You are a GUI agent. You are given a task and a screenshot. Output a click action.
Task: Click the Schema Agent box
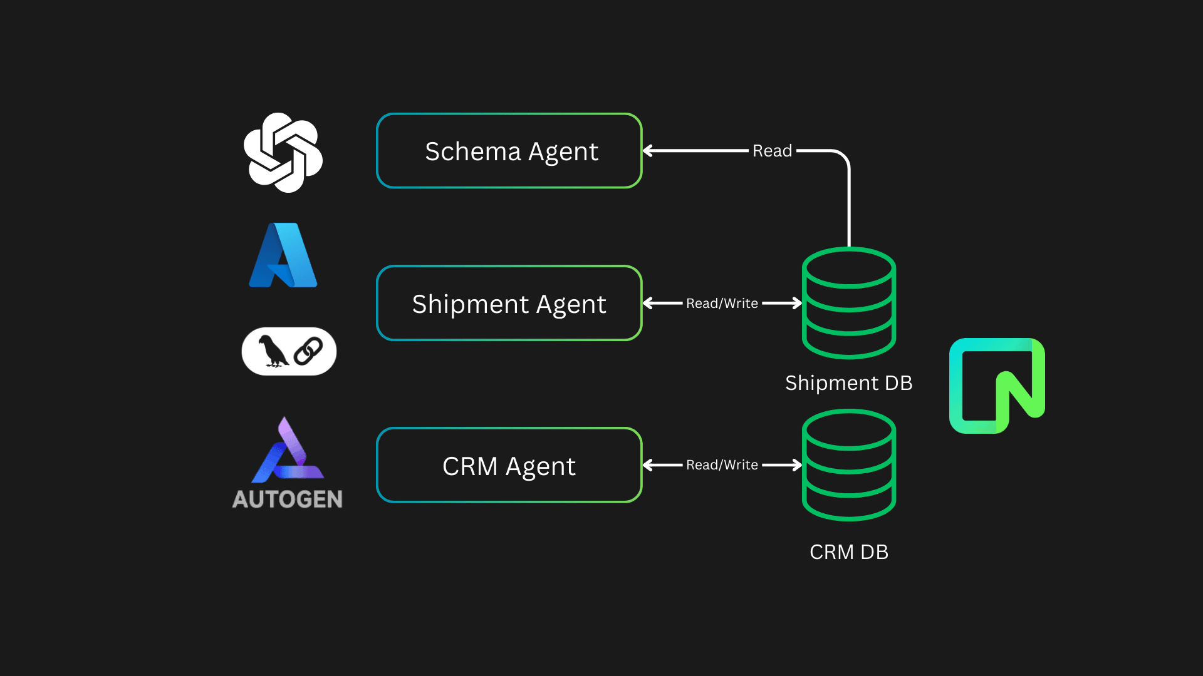(509, 151)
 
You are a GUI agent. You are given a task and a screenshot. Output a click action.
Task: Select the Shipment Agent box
(509, 304)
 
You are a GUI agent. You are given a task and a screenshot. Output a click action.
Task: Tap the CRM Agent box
(509, 466)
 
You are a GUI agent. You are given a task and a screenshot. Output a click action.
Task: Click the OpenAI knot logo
(283, 152)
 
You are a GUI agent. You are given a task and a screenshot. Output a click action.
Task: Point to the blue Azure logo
(283, 255)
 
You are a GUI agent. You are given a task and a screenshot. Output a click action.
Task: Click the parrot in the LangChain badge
(273, 351)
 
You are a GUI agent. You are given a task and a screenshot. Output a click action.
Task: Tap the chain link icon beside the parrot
(308, 351)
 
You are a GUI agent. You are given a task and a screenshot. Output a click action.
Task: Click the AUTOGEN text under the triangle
(288, 499)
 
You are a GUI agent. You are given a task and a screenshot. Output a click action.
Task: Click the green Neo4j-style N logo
(997, 386)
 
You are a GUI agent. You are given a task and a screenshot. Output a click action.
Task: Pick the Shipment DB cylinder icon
(849, 303)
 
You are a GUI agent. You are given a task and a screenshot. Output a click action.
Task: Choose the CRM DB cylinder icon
(849, 465)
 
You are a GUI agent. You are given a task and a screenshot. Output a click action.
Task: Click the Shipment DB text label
(848, 382)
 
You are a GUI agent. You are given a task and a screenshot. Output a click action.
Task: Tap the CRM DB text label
(848, 552)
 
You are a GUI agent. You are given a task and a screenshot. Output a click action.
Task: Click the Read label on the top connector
(772, 151)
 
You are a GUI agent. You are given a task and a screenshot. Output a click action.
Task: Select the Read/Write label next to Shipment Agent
(722, 304)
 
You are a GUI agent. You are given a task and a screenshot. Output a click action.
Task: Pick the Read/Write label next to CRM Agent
(722, 465)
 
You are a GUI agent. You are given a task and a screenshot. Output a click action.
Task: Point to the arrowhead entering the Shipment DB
(796, 303)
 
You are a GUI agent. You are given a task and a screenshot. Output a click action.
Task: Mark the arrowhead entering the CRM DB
(796, 465)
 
